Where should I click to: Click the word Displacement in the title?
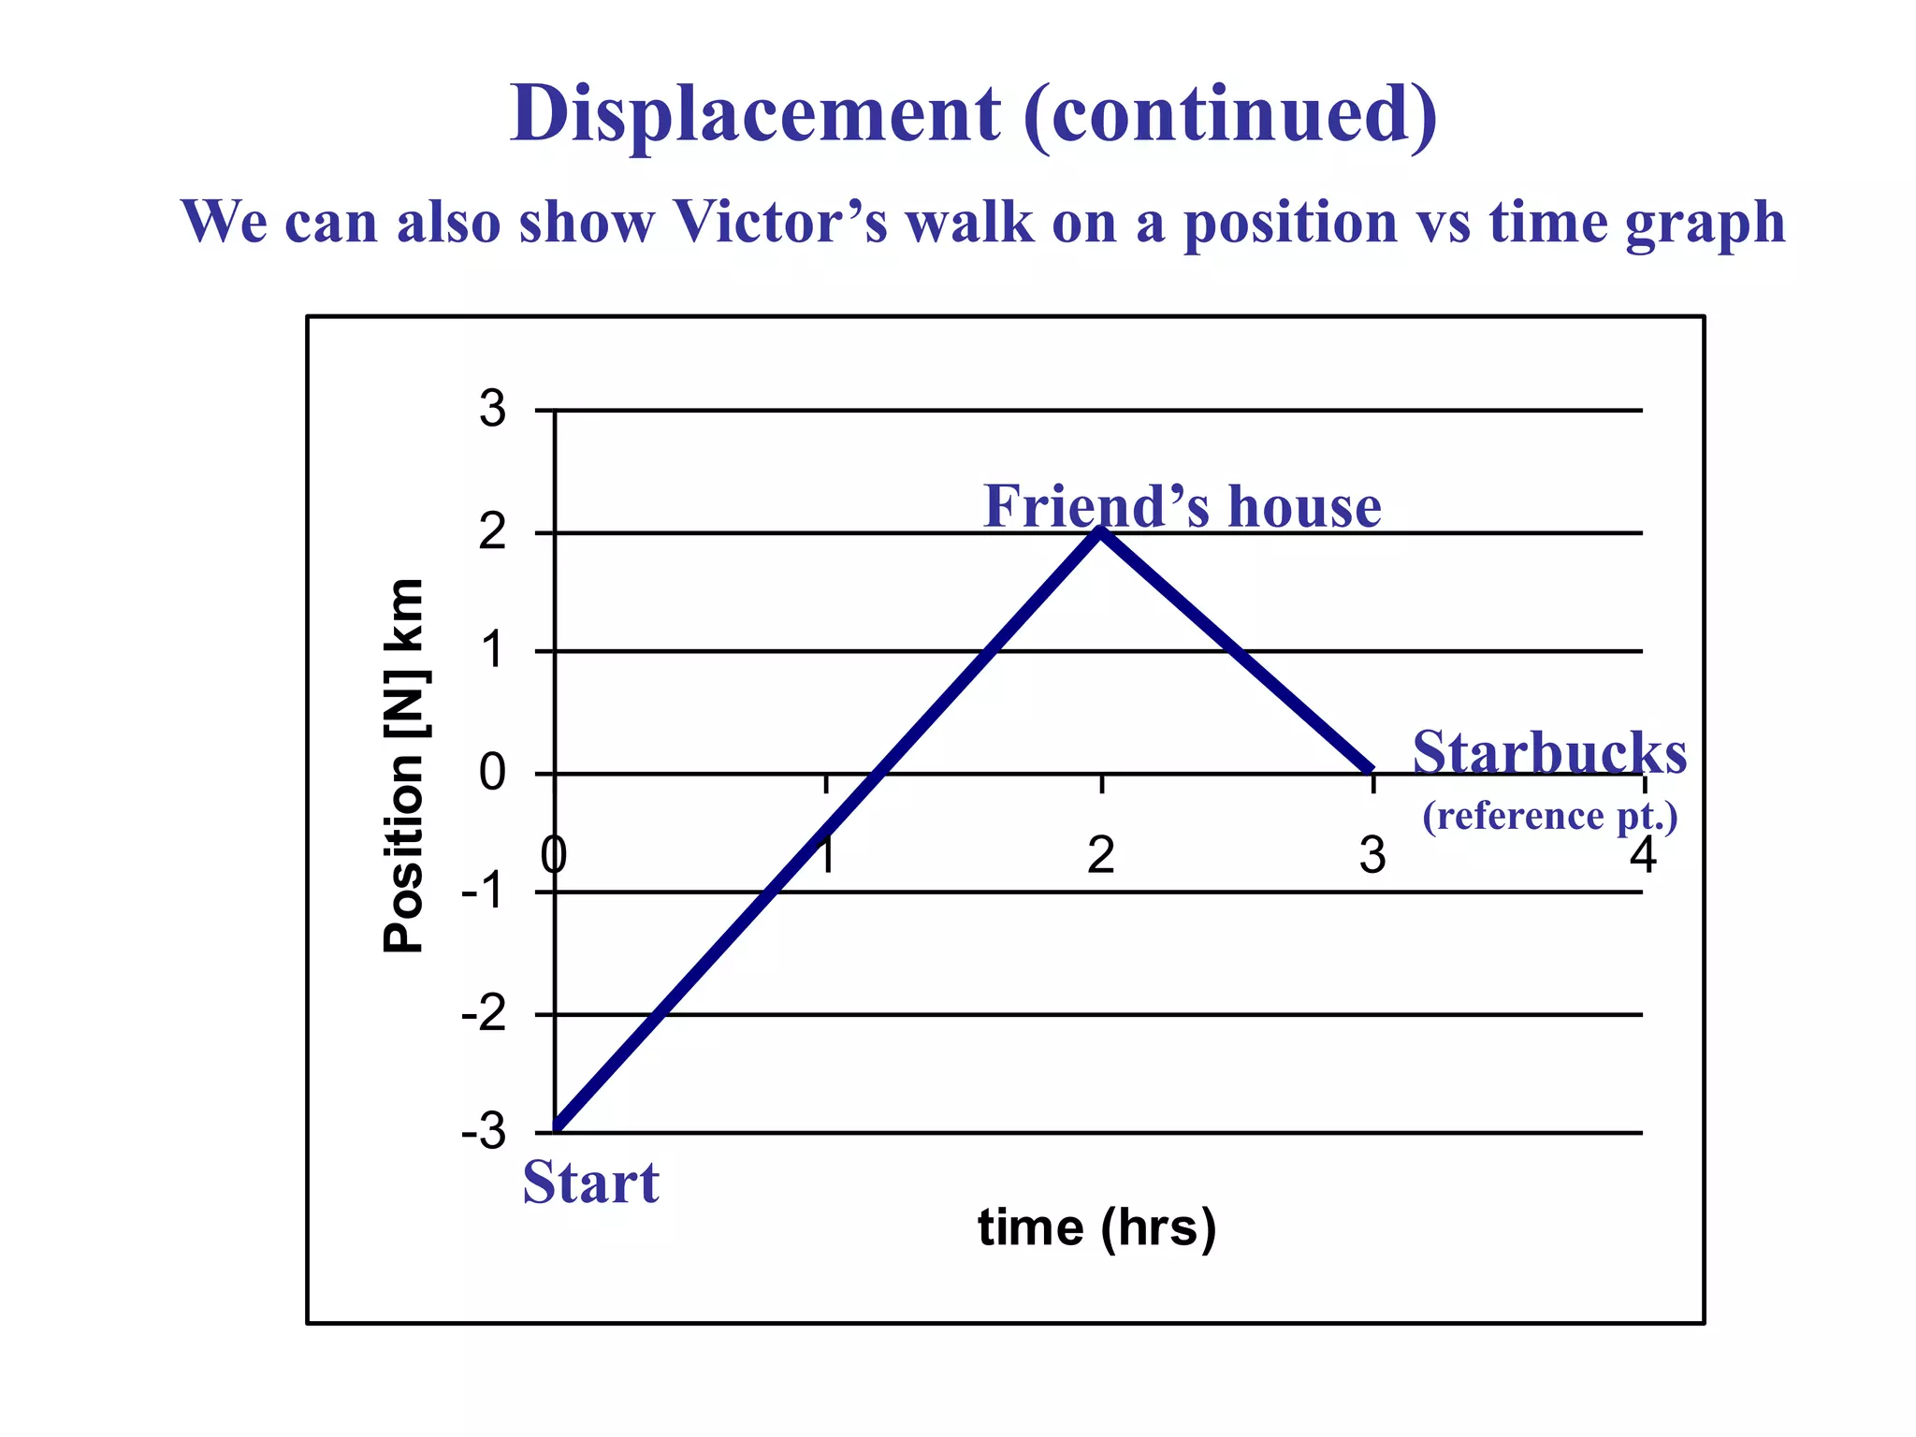[x=755, y=115]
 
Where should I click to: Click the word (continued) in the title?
[x=1229, y=115]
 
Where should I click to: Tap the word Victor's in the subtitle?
[x=780, y=223]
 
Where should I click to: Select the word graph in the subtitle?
[x=1705, y=225]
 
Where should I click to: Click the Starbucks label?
[x=1549, y=752]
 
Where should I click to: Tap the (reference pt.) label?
[x=1549, y=817]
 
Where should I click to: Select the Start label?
[x=590, y=1182]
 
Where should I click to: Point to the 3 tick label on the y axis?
[x=492, y=410]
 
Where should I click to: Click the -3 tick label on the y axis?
[x=484, y=1133]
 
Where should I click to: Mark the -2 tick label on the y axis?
[x=484, y=1014]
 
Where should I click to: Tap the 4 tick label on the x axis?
[x=1642, y=855]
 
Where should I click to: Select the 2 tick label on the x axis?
[x=1100, y=855]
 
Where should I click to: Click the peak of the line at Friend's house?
[x=1101, y=532]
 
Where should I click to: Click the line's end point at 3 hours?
[x=1371, y=769]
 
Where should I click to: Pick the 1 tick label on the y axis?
[x=492, y=651]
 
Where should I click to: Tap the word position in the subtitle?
[x=1289, y=225]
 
